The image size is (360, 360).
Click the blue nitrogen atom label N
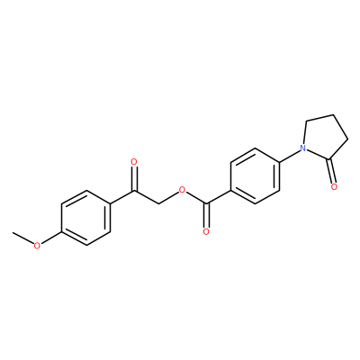point(303,148)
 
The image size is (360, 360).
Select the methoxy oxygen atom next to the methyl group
point(37,246)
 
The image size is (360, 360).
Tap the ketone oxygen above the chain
point(134,162)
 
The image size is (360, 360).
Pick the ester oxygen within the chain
point(181,190)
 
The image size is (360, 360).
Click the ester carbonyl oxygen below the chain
point(206,231)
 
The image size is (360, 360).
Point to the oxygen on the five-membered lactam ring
point(334,187)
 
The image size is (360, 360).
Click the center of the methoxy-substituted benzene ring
point(85,218)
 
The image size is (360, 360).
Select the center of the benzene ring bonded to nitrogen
point(255,176)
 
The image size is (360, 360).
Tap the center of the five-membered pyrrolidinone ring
point(325,139)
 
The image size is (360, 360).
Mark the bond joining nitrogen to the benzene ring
point(290,155)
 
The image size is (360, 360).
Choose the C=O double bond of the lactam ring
point(331,171)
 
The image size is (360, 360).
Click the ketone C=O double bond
point(134,178)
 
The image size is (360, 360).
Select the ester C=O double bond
point(206,216)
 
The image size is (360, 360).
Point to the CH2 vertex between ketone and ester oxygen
point(158,204)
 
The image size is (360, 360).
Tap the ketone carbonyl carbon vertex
point(134,190)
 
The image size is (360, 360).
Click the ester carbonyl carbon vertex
point(206,204)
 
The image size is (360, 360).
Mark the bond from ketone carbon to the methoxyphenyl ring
point(122,197)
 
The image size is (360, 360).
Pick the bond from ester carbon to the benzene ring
point(218,197)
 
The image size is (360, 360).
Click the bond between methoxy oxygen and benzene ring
point(51,238)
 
